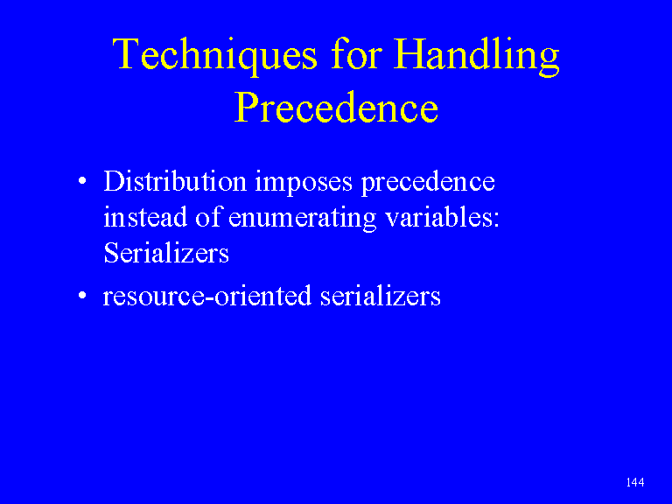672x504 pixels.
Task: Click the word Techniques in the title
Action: click(x=214, y=57)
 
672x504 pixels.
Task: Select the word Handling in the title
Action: click(x=477, y=56)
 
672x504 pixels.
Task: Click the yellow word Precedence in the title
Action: click(x=336, y=107)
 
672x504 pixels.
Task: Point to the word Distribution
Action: click(x=175, y=181)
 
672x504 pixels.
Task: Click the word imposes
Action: click(x=304, y=183)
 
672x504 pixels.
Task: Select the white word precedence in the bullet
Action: click(x=428, y=183)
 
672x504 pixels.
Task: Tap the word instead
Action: click(x=145, y=216)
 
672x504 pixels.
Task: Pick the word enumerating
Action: click(x=302, y=218)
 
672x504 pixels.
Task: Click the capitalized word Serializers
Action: click(x=166, y=252)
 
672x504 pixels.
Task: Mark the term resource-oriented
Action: click(x=207, y=295)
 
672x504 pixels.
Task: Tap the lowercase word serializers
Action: click(x=380, y=295)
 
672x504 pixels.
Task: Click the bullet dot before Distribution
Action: click(x=83, y=181)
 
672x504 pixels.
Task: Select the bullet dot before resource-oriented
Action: click(x=83, y=295)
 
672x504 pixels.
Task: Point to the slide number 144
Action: click(x=634, y=482)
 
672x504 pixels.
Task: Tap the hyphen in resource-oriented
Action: click(x=210, y=298)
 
